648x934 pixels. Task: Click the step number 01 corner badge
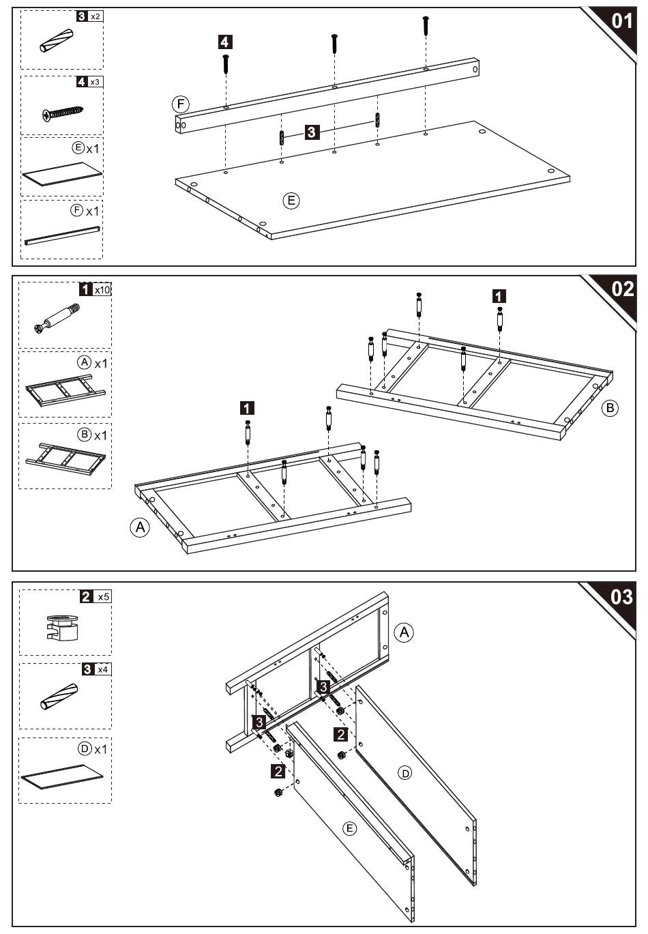[x=621, y=21]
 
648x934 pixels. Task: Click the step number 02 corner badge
[x=621, y=289]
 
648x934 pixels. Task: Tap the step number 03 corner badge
[x=621, y=598]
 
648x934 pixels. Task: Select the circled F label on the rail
[x=180, y=104]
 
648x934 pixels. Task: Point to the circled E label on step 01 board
[x=291, y=201]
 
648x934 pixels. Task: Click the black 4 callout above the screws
[x=225, y=42]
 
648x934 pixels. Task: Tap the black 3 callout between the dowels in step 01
[x=312, y=132]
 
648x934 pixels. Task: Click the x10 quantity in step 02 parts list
[x=102, y=289]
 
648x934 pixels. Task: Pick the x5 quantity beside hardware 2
[x=103, y=597]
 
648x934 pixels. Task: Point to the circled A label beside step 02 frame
[x=140, y=527]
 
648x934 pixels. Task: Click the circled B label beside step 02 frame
[x=610, y=409]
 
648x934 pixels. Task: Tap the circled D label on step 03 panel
[x=405, y=773]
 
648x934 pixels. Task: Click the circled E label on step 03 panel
[x=349, y=828]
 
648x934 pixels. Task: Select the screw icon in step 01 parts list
[x=63, y=111]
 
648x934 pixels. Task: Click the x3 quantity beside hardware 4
[x=96, y=82]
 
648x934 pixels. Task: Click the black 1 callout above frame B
[x=499, y=296]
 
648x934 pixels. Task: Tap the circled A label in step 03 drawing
[x=405, y=632]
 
